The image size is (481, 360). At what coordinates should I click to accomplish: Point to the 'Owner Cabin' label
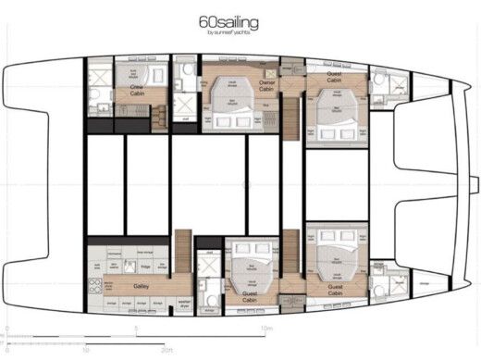267,86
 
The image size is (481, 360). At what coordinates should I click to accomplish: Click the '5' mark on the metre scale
136,329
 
